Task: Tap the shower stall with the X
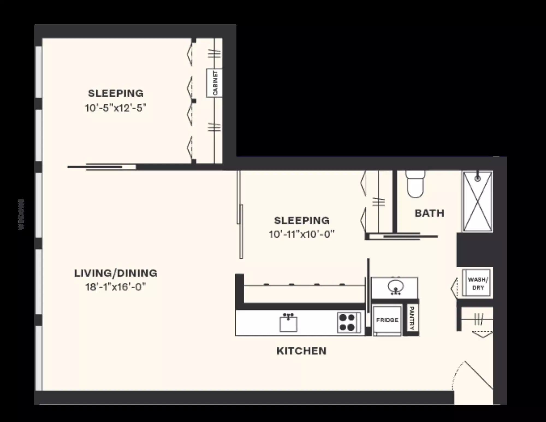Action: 477,202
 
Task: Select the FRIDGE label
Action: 387,320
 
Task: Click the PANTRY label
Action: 412,318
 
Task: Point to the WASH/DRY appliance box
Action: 478,283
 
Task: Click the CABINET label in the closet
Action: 215,83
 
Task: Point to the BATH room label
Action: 429,213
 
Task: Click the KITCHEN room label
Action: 301,351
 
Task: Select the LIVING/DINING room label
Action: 116,273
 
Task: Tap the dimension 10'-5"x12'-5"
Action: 116,108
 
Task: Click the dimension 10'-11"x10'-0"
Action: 302,234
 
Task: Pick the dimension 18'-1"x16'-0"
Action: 116,287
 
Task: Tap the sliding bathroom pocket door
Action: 401,237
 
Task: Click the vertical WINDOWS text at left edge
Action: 22,214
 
